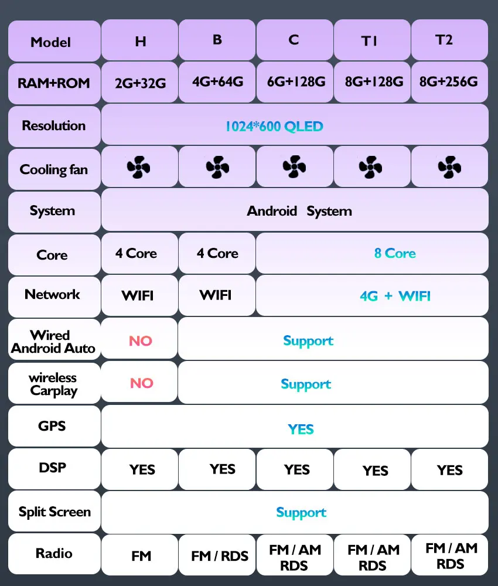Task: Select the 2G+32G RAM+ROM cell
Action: [140, 83]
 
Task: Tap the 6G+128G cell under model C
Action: [296, 81]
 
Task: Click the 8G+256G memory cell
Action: [448, 81]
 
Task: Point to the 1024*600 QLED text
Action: [274, 126]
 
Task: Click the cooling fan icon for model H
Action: [138, 168]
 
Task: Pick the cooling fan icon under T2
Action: [449, 167]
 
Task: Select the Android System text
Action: [299, 211]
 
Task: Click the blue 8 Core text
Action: [395, 253]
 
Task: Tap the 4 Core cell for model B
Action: [217, 253]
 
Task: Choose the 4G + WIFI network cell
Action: [395, 296]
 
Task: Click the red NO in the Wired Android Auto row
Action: [141, 340]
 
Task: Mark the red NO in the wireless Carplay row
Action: [141, 383]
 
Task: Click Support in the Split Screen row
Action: [301, 512]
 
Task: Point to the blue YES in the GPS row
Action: [301, 429]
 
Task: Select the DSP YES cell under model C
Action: [296, 469]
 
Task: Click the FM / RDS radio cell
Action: [220, 556]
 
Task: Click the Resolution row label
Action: [53, 125]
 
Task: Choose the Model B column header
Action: [217, 40]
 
